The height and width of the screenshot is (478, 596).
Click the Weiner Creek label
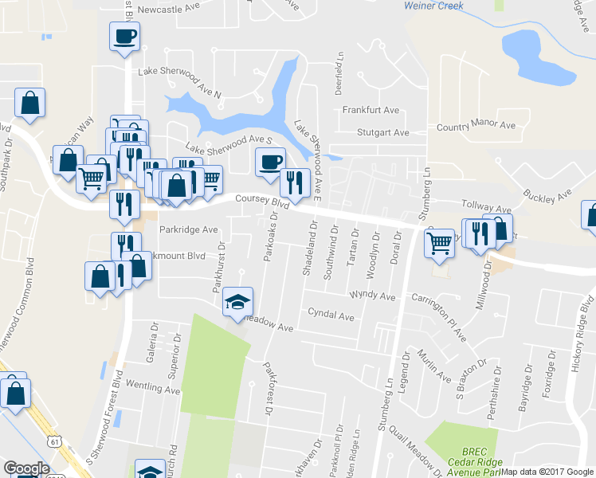coord(433,6)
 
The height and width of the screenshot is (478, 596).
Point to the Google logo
coord(26,468)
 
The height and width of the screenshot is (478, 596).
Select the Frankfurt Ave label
coord(371,110)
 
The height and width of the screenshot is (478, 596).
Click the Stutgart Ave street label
coord(382,133)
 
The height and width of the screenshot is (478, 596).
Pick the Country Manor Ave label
coord(476,127)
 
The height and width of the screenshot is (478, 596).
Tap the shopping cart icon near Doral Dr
coord(439,243)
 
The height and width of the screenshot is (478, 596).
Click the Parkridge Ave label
coord(188,229)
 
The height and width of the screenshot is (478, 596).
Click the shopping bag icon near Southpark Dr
coord(29,103)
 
